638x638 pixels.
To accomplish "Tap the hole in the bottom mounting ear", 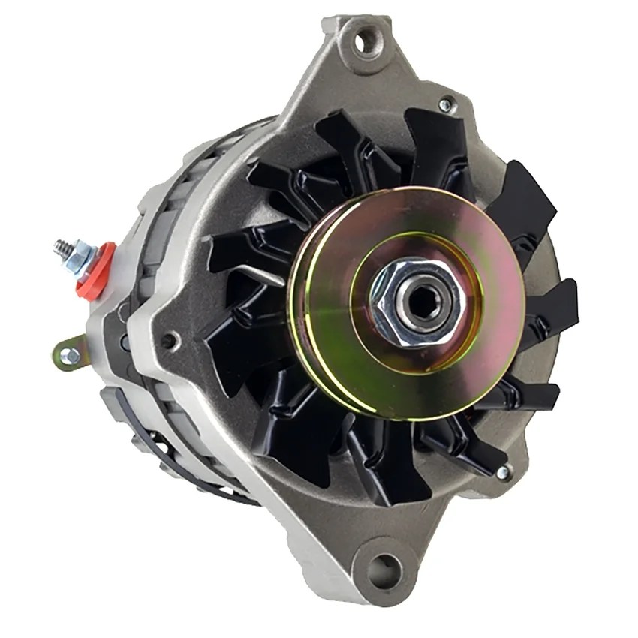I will coord(384,571).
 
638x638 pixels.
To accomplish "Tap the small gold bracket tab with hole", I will coord(70,354).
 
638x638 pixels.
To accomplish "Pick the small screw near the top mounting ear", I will coord(446,105).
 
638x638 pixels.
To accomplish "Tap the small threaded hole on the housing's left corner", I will coord(169,342).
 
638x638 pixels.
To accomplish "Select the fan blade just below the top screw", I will coord(435,146).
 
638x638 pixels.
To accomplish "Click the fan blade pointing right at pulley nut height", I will coord(552,308).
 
